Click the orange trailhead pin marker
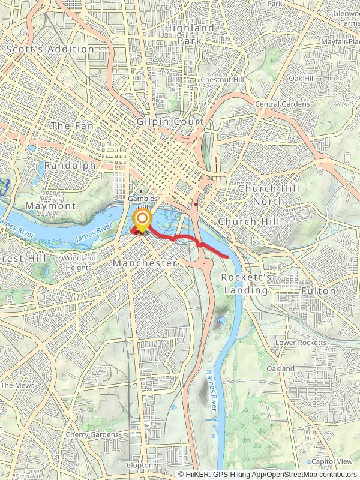click(x=142, y=221)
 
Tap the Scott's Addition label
click(x=50, y=49)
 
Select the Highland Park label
click(x=189, y=34)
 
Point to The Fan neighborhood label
click(x=73, y=126)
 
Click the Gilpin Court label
click(x=170, y=122)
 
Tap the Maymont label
click(x=51, y=206)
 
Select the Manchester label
click(x=145, y=263)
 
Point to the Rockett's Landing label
click(x=246, y=284)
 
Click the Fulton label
click(x=319, y=290)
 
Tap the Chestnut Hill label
click(x=222, y=80)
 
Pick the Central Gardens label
click(x=283, y=104)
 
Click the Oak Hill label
click(x=302, y=79)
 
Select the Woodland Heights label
click(x=79, y=263)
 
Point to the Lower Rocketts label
click(x=301, y=343)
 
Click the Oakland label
click(x=281, y=368)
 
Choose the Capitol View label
click(x=332, y=461)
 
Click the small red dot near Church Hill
click(x=196, y=204)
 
